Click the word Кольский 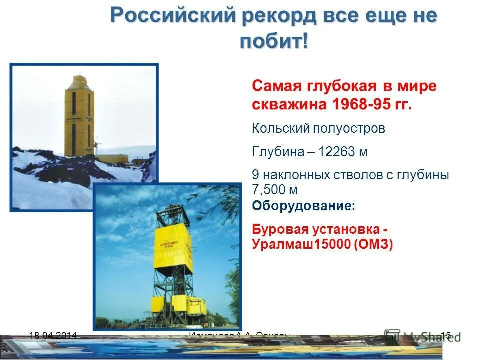click(280, 129)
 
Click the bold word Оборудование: click(304, 206)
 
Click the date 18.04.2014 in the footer click(53, 336)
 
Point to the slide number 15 click(446, 336)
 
